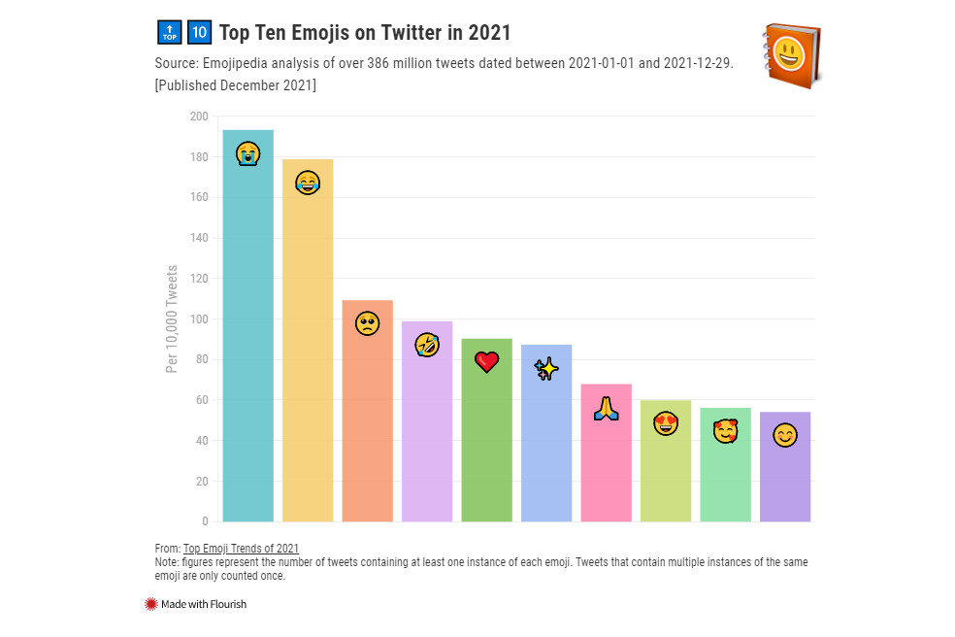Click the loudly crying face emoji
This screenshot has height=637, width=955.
pos(247,153)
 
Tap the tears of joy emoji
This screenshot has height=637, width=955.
pos(308,183)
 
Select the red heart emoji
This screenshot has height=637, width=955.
pos(486,362)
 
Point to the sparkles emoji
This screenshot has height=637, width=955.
pos(546,369)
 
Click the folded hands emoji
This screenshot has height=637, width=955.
pos(606,409)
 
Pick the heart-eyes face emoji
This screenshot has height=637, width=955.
pos(666,423)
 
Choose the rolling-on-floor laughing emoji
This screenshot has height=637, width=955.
pos(427,344)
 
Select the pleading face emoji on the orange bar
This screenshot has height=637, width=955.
pos(367,323)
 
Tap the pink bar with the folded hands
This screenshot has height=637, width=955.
pos(606,466)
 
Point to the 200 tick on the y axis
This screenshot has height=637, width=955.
pos(199,117)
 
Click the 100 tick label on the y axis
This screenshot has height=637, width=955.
pos(199,319)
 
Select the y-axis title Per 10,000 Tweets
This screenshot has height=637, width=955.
pos(172,318)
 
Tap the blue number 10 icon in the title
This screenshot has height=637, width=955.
pos(199,32)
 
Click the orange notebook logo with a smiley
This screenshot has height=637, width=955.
pos(792,52)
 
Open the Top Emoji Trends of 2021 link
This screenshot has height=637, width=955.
pos(241,549)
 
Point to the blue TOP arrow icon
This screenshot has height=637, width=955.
pos(169,32)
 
